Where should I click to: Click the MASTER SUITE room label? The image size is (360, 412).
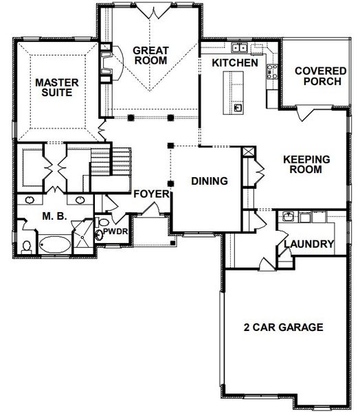(x=58, y=88)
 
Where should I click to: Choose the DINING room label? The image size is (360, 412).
(x=209, y=181)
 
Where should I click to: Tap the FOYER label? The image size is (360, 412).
(x=151, y=194)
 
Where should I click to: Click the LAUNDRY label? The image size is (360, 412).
(x=308, y=244)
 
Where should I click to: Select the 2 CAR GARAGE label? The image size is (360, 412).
(x=283, y=328)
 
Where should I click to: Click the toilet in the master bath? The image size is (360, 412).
(x=26, y=244)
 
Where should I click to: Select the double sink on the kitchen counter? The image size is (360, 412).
(x=240, y=47)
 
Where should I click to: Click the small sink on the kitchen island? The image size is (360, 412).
(x=236, y=107)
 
